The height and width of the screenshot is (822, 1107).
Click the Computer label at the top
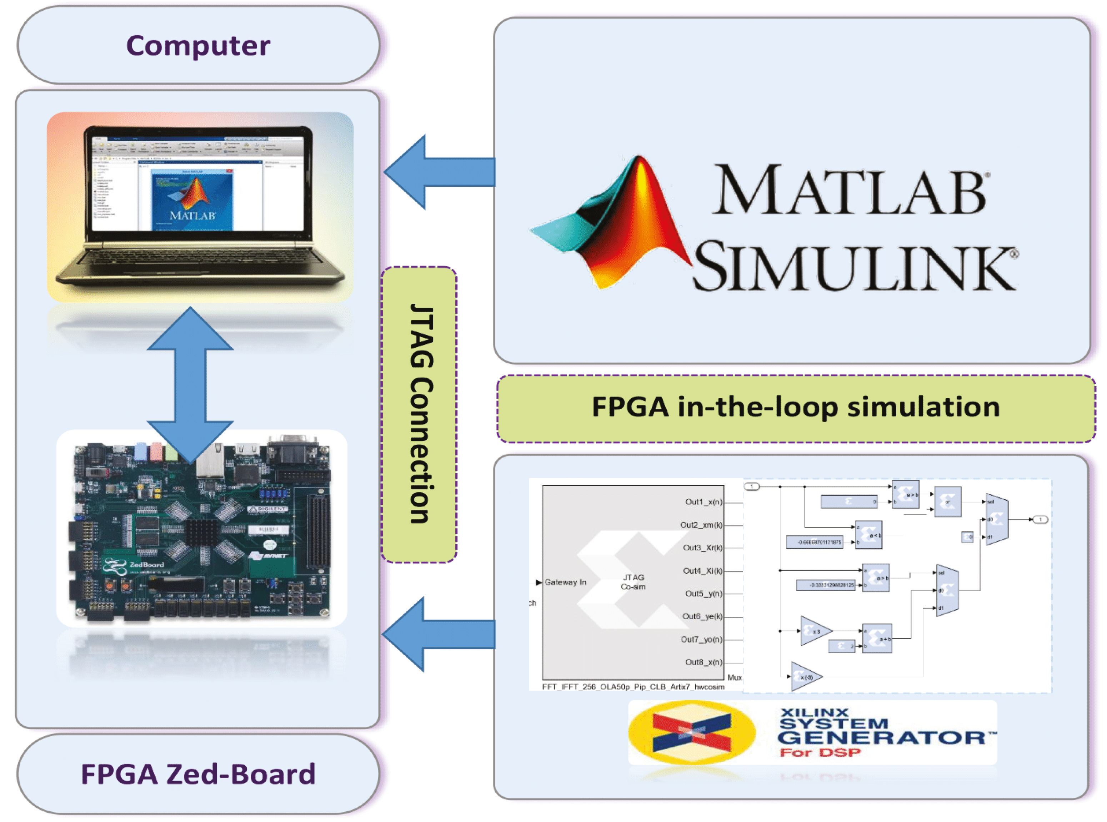(198, 46)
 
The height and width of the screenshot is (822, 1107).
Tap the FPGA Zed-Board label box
(198, 774)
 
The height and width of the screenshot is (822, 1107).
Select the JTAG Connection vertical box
(419, 414)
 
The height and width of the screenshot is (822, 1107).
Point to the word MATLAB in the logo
(849, 190)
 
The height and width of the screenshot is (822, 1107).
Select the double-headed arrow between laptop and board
(190, 385)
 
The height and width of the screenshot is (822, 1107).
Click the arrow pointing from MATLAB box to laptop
(438, 172)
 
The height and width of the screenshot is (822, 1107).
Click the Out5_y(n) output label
(702, 593)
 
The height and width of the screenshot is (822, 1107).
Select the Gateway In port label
(565, 582)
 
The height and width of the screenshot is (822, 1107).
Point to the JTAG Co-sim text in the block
(633, 582)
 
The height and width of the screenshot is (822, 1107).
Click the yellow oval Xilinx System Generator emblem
(692, 732)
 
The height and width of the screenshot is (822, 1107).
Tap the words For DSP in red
(820, 752)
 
